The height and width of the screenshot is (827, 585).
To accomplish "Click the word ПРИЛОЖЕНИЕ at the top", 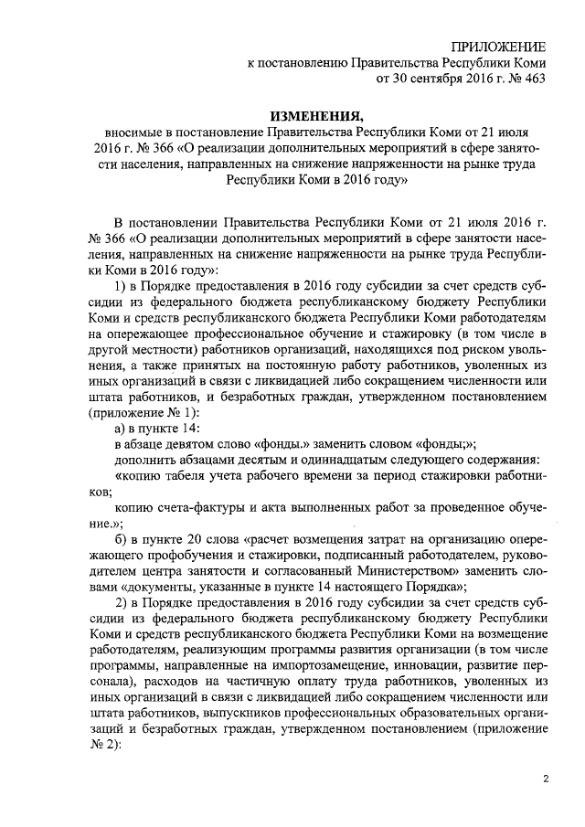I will [500, 45].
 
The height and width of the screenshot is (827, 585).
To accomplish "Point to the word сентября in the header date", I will [428, 80].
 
